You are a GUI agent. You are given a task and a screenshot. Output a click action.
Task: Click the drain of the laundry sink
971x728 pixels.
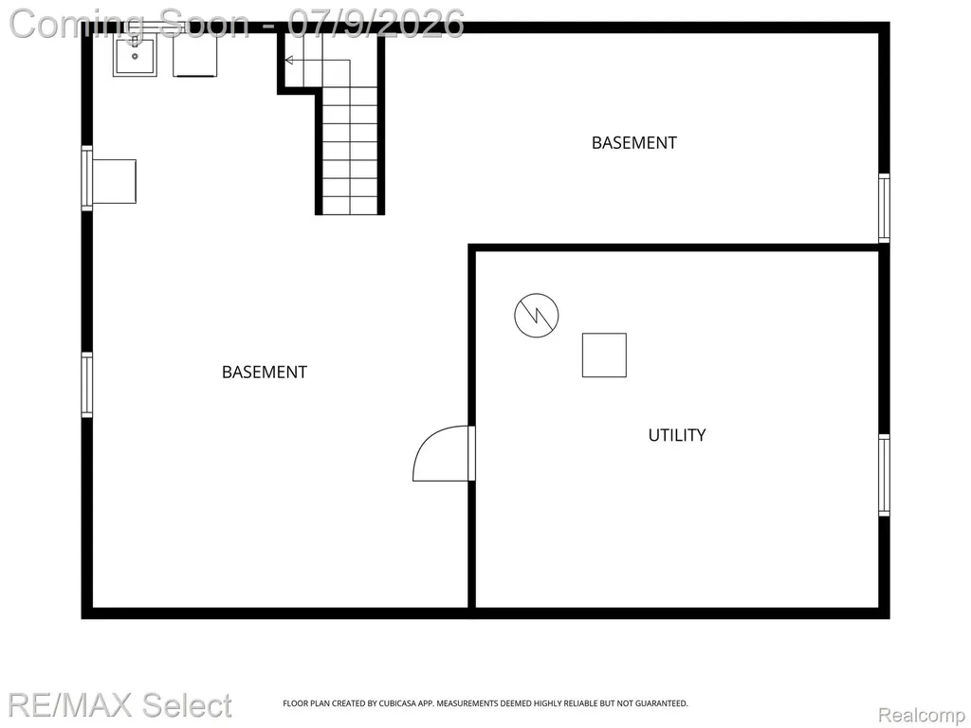pyautogui.click(x=135, y=56)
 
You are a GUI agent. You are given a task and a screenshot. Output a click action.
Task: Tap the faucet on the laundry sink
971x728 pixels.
pyautogui.click(x=135, y=41)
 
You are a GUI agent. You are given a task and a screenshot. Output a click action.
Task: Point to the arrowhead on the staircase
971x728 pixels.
pyautogui.click(x=288, y=60)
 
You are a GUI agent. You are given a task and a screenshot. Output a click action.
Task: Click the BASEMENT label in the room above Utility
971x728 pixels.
pyautogui.click(x=634, y=143)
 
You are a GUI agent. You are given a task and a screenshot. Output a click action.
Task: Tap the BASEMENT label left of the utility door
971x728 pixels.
pyautogui.click(x=265, y=372)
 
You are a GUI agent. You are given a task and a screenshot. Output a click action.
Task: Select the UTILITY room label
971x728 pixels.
pyautogui.click(x=677, y=435)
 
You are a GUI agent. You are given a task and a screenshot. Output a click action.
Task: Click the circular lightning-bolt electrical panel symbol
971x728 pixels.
pyautogui.click(x=537, y=316)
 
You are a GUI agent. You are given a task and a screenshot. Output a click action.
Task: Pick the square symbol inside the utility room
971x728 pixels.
pyautogui.click(x=604, y=355)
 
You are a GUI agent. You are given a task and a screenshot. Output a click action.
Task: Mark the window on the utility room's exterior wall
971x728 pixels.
pyautogui.click(x=885, y=475)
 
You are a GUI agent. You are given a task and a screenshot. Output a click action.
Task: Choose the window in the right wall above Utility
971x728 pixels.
pyautogui.click(x=885, y=208)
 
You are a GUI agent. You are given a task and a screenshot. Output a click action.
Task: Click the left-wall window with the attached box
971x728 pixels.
pyautogui.click(x=86, y=178)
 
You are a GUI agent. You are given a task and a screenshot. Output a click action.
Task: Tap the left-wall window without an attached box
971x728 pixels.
pyautogui.click(x=86, y=385)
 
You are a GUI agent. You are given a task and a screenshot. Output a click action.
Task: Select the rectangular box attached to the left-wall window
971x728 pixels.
pyautogui.click(x=114, y=181)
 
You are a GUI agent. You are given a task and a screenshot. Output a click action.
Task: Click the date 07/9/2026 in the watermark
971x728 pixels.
pyautogui.click(x=376, y=24)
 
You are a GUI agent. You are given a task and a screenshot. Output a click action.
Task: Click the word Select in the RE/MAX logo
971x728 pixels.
pyautogui.click(x=186, y=705)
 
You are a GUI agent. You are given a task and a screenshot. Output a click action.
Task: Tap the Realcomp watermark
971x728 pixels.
pyautogui.click(x=922, y=715)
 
